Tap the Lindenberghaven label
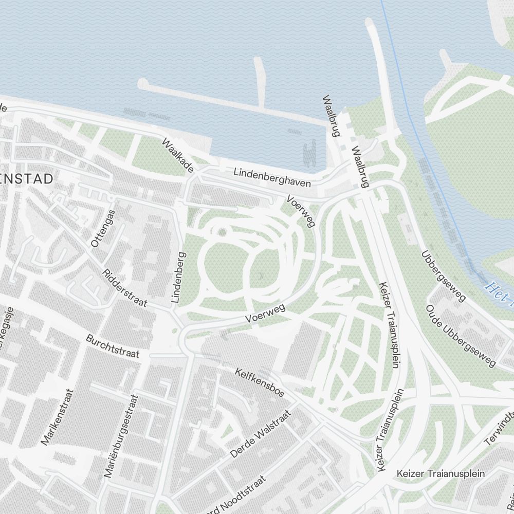[272, 177]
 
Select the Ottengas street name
[103, 228]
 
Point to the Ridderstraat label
[125, 288]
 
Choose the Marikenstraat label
[58, 417]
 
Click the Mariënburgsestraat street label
[121, 436]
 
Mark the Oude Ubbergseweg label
[461, 336]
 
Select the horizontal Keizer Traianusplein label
[440, 473]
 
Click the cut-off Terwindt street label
[499, 427]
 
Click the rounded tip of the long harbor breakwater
[143, 83]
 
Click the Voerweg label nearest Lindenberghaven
[301, 211]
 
